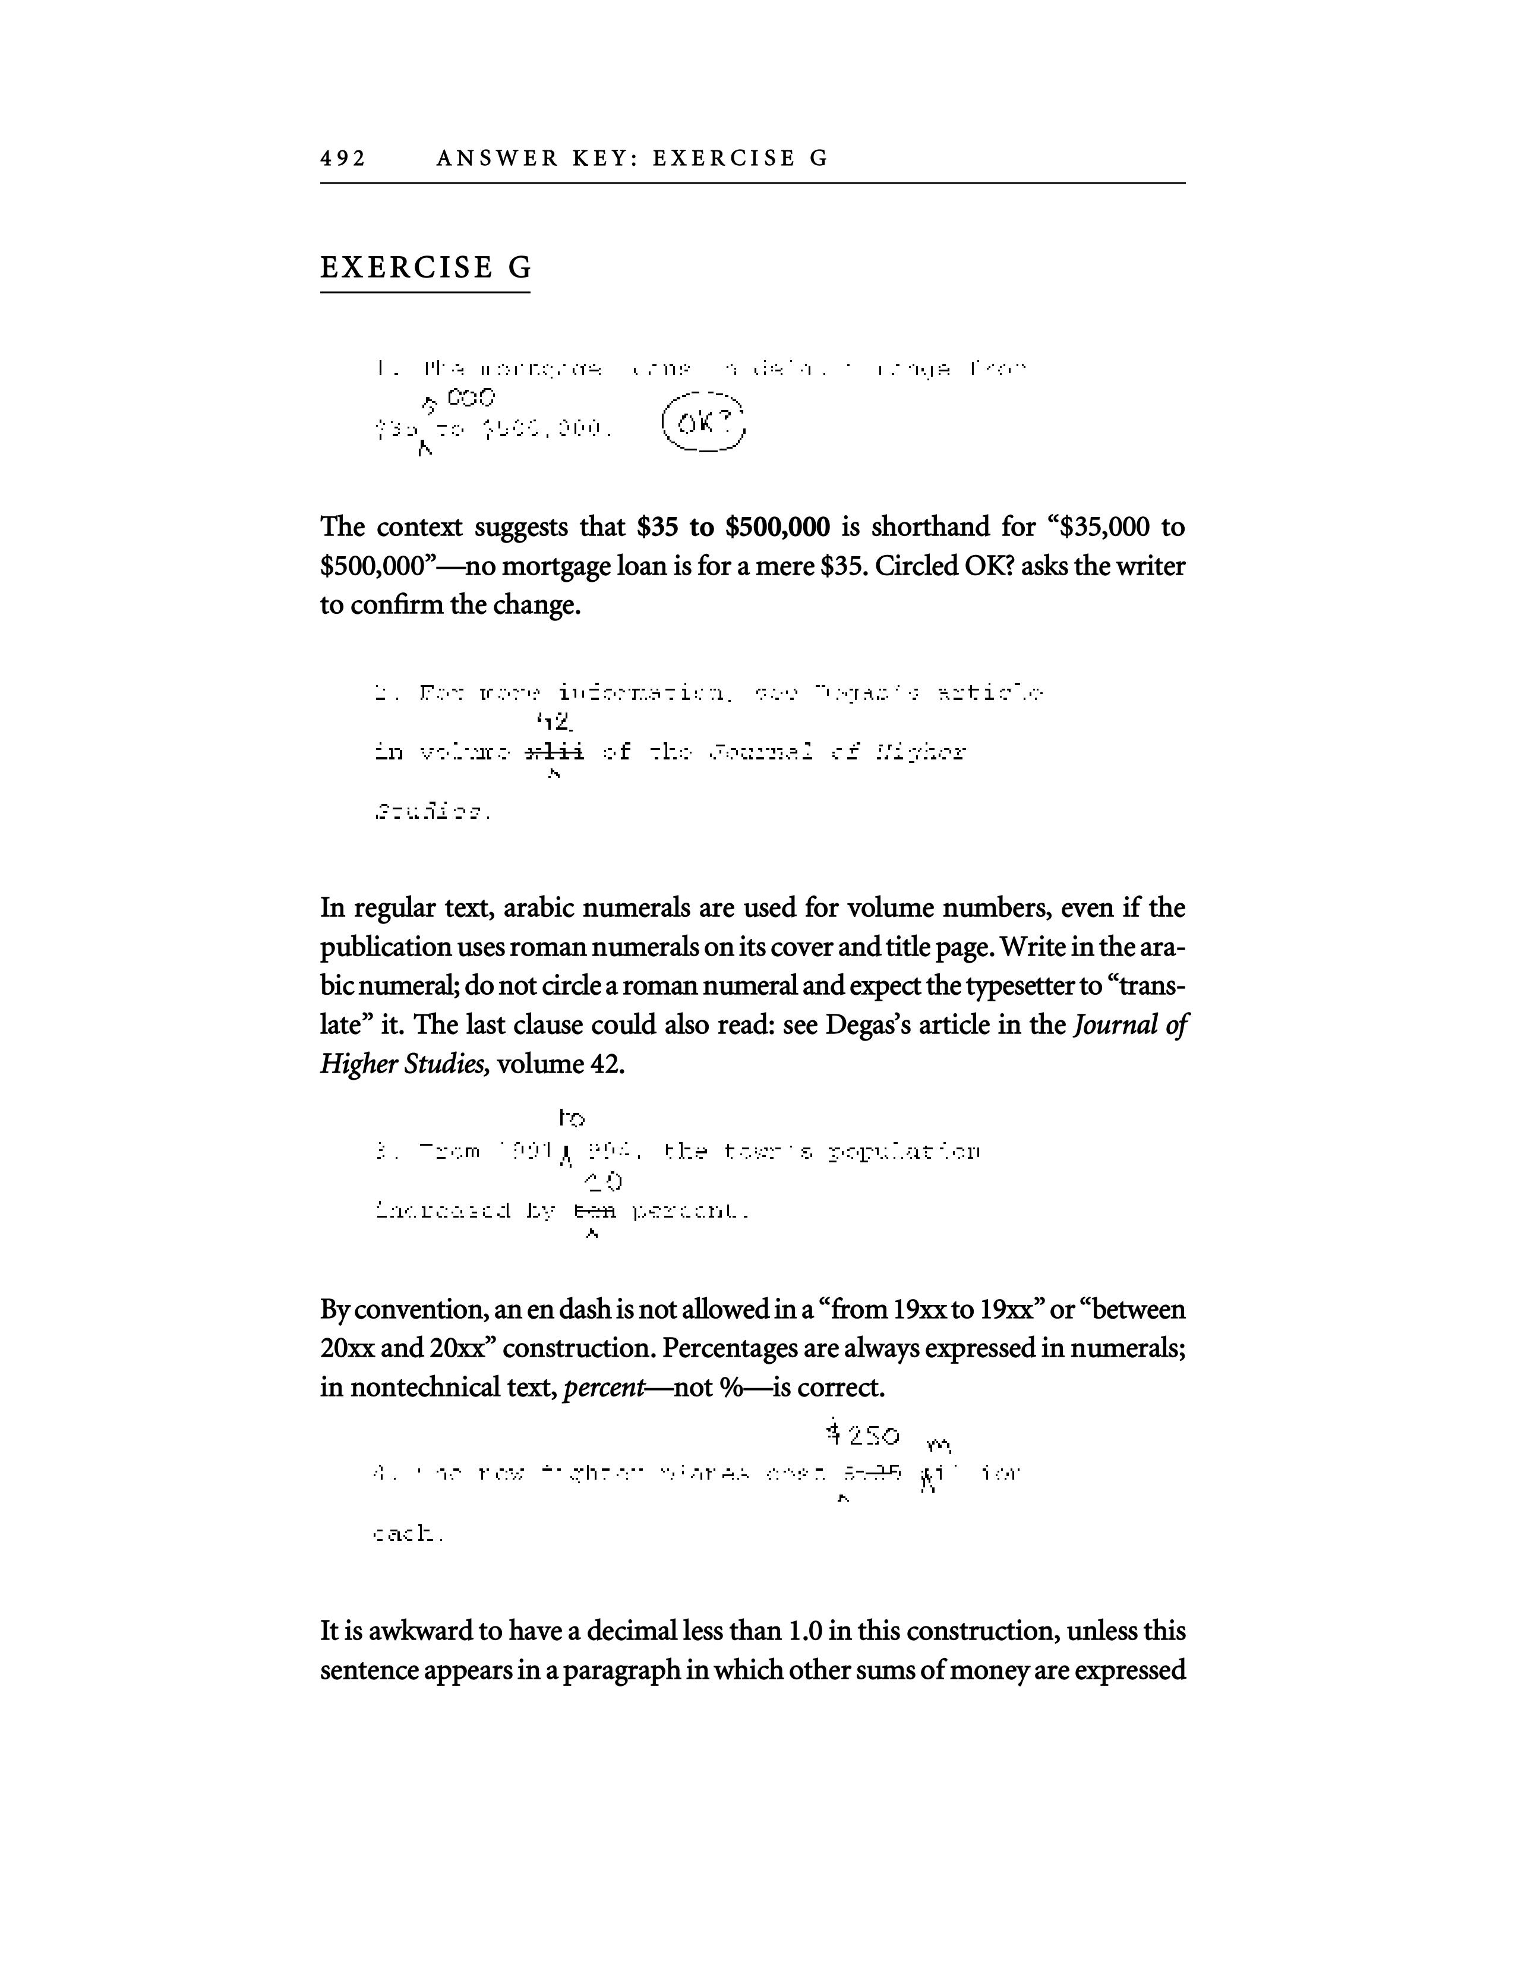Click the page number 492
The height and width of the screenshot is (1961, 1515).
pyautogui.click(x=343, y=159)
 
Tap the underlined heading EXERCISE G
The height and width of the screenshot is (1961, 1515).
pyautogui.click(x=425, y=267)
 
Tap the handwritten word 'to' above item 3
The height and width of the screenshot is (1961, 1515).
pyautogui.click(x=572, y=1118)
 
